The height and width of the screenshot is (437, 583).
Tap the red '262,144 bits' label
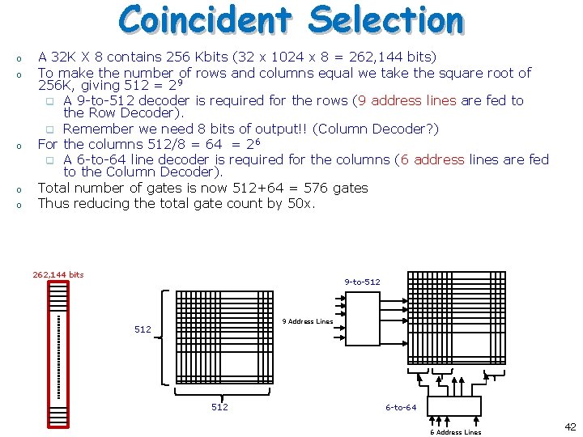[x=58, y=275]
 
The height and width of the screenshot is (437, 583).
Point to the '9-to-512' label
[x=362, y=282]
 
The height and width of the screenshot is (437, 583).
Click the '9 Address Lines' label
[x=308, y=321]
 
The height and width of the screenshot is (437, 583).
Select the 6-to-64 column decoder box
[x=454, y=405]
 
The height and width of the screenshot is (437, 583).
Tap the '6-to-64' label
[x=401, y=407]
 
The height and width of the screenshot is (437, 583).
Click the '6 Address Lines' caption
[x=455, y=432]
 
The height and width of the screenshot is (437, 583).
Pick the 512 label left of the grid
[x=143, y=329]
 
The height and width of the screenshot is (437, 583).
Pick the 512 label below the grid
[x=219, y=407]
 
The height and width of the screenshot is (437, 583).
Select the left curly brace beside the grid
[x=168, y=336]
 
